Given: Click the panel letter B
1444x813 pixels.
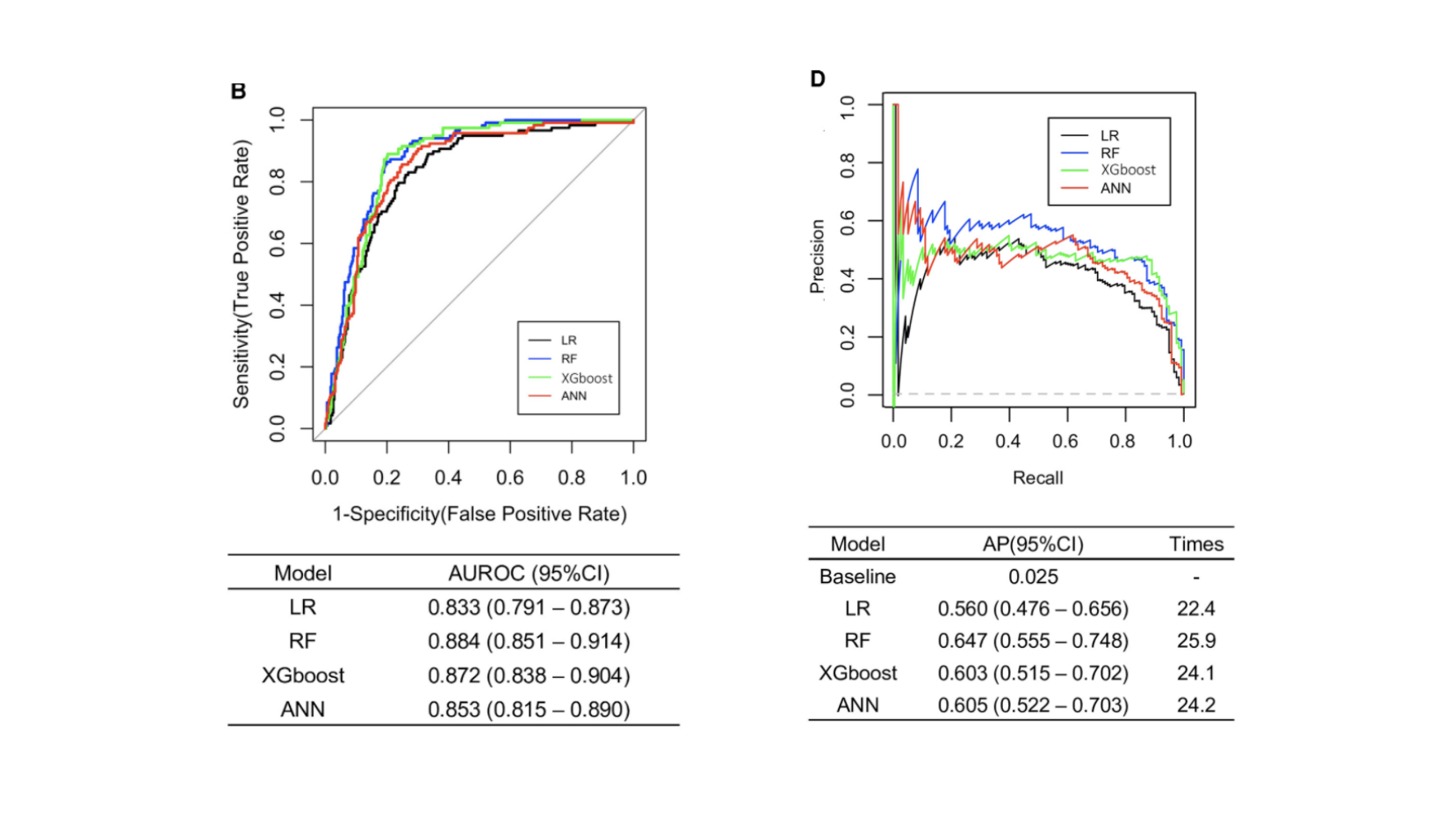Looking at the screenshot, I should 238,91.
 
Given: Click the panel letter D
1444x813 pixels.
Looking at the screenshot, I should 818,79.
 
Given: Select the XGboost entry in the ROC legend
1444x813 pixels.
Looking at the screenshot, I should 586,378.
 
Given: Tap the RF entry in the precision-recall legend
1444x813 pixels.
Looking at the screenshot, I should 1109,153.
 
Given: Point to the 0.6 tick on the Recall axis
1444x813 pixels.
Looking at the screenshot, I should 1065,441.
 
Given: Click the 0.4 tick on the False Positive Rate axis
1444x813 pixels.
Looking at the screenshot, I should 448,478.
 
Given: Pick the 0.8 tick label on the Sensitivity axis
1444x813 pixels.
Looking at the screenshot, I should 278,182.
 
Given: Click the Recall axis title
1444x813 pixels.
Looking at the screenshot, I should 1037,478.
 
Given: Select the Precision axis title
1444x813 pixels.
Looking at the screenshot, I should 818,256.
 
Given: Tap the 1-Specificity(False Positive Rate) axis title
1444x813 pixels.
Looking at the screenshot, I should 480,514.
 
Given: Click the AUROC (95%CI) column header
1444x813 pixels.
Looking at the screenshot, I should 529,573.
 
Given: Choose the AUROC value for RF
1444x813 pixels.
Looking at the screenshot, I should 529,641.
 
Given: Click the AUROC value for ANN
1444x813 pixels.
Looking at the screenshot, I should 529,709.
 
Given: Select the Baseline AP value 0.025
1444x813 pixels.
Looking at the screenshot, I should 1033,577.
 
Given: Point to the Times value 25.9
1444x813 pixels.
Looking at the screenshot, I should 1196,641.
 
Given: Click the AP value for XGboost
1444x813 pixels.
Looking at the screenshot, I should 1033,673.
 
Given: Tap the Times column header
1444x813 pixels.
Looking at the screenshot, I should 1196,544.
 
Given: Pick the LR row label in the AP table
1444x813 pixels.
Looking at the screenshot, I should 857,608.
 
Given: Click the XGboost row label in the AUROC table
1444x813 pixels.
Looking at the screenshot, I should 303,675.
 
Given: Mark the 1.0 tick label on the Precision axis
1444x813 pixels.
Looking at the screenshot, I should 848,107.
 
